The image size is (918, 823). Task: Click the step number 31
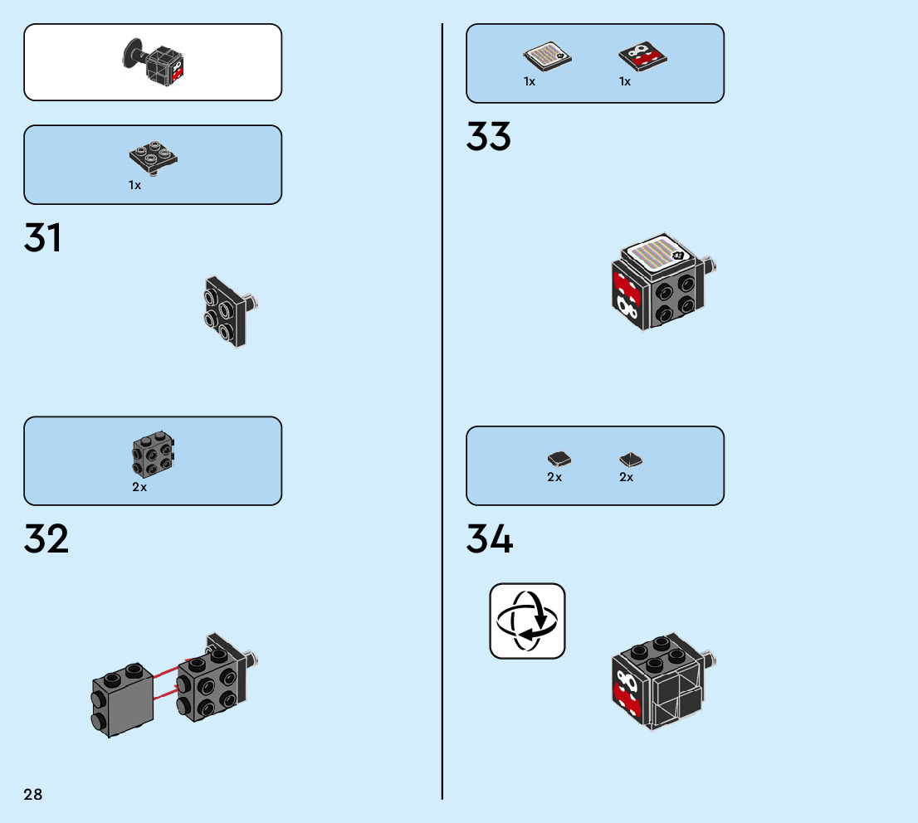click(x=43, y=238)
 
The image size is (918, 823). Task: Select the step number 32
click(x=46, y=539)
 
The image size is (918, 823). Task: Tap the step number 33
click(x=488, y=137)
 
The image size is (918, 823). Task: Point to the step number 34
click(x=490, y=539)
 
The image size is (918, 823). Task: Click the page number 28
click(x=33, y=795)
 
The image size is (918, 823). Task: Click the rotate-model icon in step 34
click(x=527, y=621)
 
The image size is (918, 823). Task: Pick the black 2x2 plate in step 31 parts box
click(x=154, y=158)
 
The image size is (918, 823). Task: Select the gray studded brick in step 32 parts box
click(x=153, y=455)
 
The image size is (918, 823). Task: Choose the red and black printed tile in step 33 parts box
click(x=643, y=56)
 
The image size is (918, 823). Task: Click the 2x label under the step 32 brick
click(x=139, y=488)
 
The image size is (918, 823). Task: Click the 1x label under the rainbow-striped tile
click(x=530, y=81)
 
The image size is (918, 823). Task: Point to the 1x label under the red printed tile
click(x=625, y=81)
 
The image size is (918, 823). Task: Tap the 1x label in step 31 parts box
click(x=135, y=185)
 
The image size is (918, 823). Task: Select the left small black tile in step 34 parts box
click(x=559, y=458)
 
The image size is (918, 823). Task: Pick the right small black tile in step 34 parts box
click(x=631, y=459)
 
